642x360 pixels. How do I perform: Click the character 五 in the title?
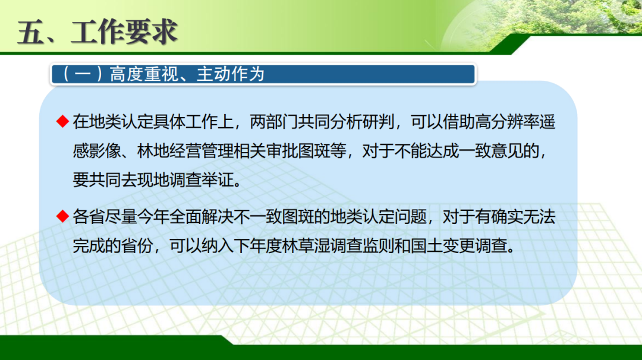pos(31,32)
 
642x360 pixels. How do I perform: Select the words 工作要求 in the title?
pos(124,32)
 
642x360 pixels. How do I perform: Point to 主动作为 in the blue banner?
pos(231,74)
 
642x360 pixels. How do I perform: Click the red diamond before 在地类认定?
pos(62,122)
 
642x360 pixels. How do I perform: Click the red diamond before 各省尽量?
pos(62,216)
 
